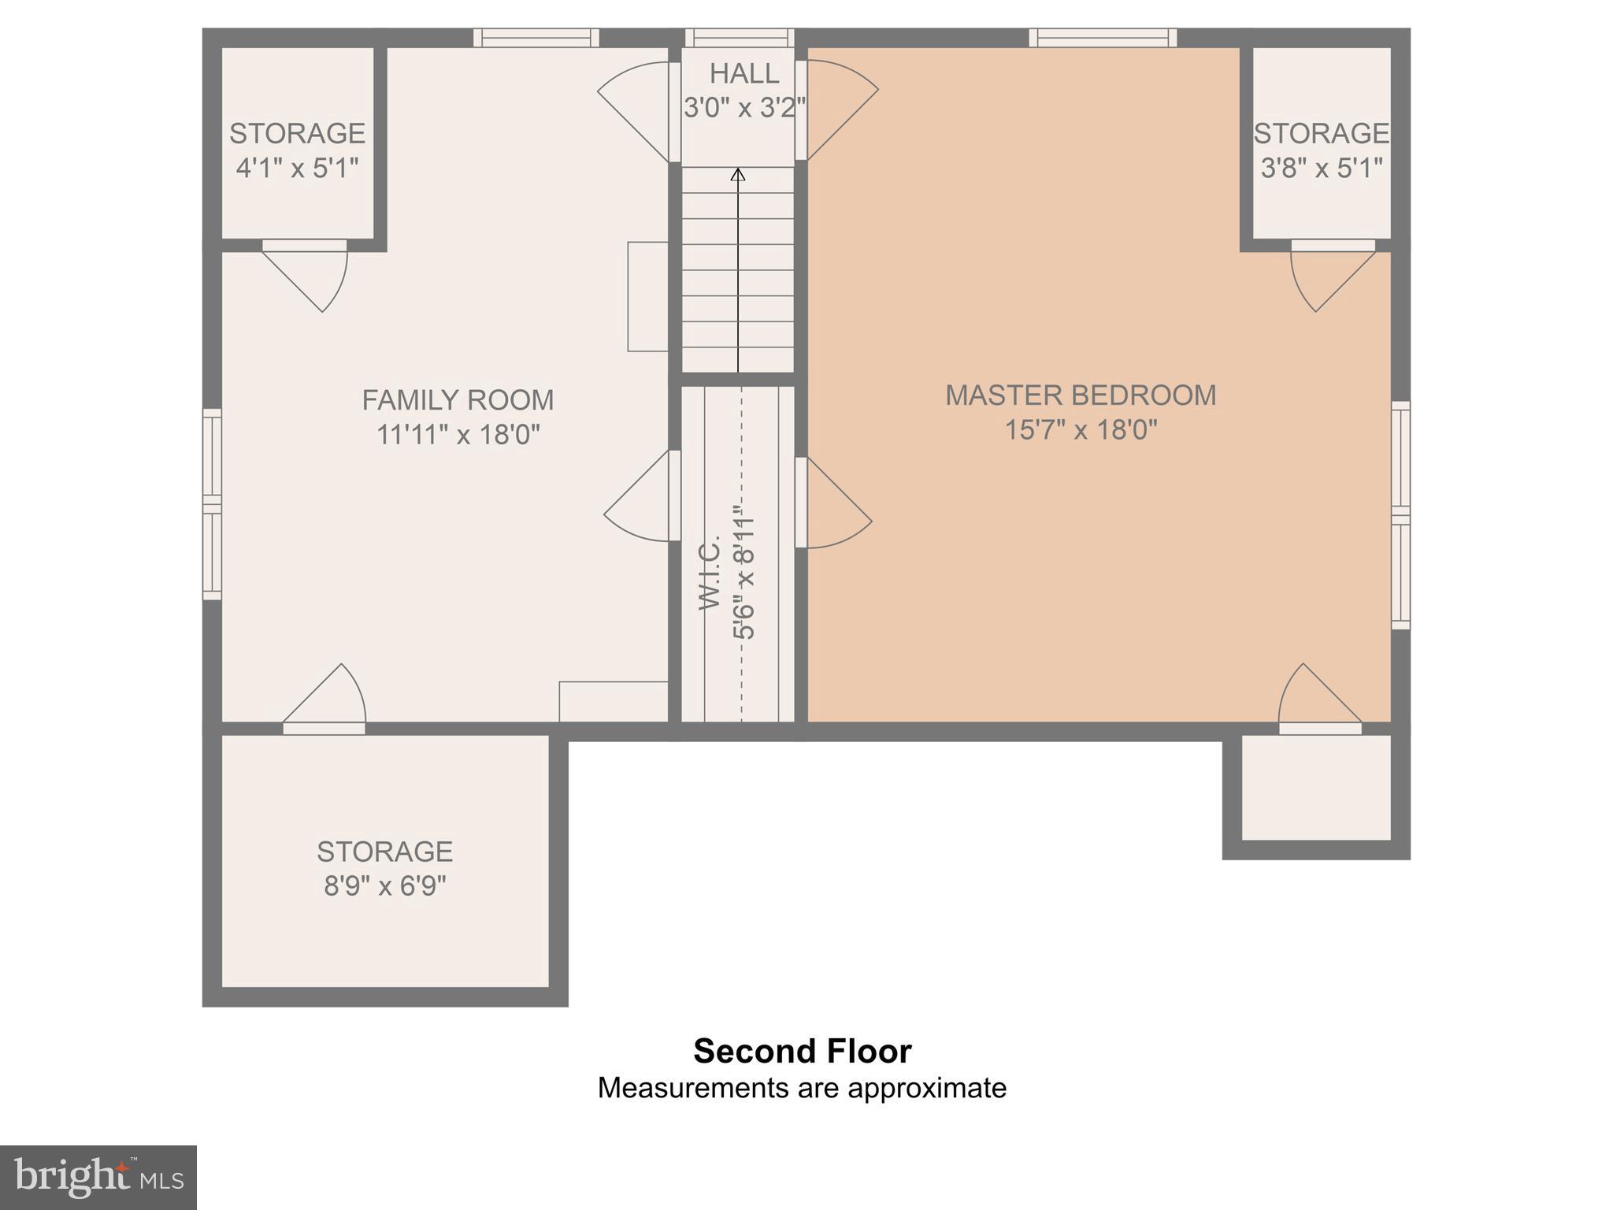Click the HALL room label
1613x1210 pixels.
[x=743, y=73]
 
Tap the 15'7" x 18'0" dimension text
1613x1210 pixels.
[x=1081, y=430]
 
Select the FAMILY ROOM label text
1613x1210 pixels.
[x=458, y=400]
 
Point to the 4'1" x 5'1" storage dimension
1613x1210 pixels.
[x=297, y=168]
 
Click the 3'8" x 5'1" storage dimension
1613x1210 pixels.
[x=1321, y=168]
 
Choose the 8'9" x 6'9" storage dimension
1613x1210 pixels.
[x=384, y=886]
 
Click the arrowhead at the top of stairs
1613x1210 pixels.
[x=738, y=174]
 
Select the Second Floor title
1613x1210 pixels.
[x=802, y=1051]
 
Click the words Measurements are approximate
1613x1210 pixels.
[x=802, y=1088]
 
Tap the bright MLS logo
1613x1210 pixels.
[x=98, y=1178]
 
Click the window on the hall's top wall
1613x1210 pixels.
[x=739, y=38]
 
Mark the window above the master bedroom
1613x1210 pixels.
[x=1103, y=38]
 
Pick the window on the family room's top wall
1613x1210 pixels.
[x=536, y=38]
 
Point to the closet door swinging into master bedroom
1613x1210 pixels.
[x=831, y=504]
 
